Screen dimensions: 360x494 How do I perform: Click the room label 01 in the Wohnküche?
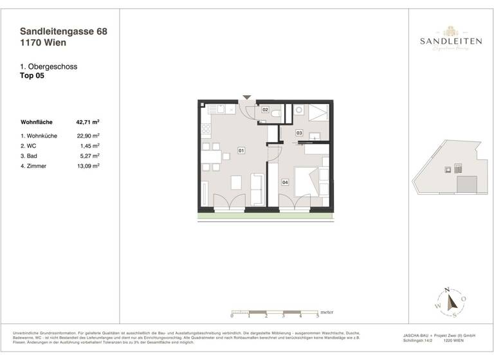(241, 150)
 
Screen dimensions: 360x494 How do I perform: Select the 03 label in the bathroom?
(299, 133)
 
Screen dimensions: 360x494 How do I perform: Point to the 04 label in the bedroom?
(285, 182)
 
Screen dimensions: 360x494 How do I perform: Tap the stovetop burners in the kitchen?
(206, 129)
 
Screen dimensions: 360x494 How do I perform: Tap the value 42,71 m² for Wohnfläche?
(87, 121)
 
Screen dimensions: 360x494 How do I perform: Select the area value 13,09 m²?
(87, 165)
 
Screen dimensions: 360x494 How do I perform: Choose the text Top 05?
(33, 75)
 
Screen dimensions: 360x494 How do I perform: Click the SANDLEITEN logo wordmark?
(452, 41)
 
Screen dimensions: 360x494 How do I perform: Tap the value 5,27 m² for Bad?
(89, 156)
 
